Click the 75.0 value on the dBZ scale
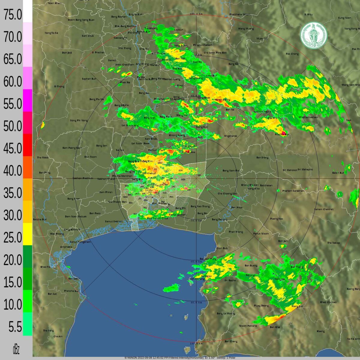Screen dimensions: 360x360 point(13,14)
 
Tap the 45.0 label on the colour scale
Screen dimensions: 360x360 point(13,148)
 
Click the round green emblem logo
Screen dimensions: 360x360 point(314,35)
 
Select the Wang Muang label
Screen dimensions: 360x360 point(246,29)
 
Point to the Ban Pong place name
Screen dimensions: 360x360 point(45,172)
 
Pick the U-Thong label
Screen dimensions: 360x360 point(59,86)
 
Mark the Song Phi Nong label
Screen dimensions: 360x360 point(79,120)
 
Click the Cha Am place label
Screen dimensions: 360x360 point(58,336)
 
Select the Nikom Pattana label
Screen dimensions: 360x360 point(248,326)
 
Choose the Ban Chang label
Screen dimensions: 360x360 point(231,341)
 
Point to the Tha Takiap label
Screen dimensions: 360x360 point(333,243)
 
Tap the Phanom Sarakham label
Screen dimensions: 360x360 point(293,191)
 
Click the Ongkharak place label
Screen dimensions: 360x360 point(230,136)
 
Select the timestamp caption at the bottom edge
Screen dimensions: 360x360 point(180,358)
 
